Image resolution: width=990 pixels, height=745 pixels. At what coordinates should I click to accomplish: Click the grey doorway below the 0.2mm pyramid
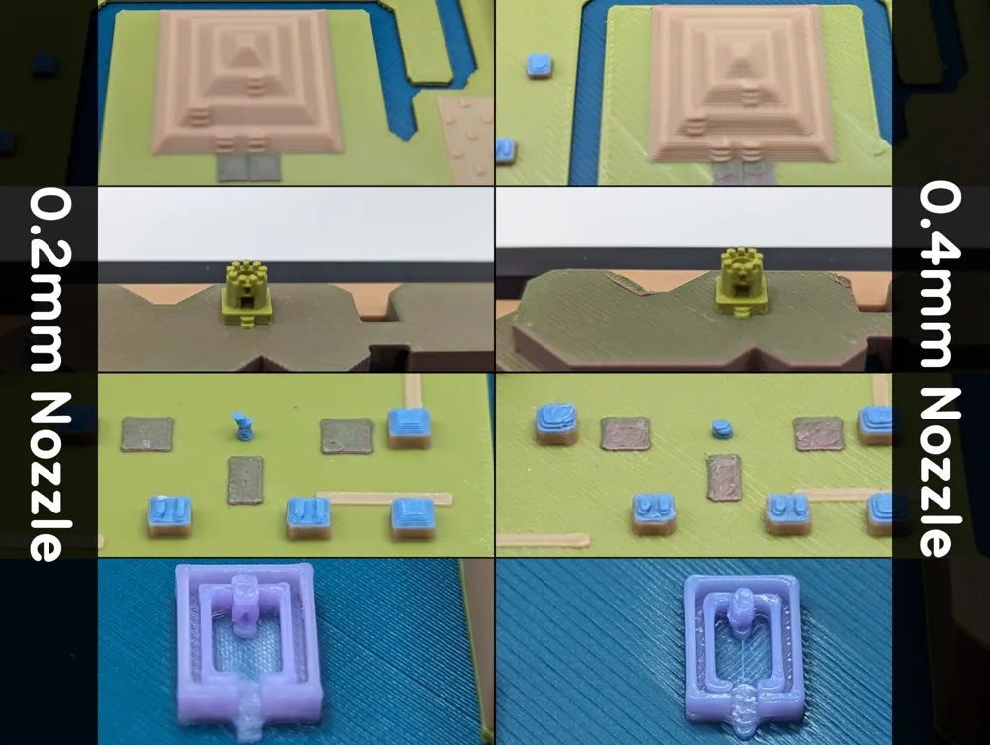[x=249, y=167]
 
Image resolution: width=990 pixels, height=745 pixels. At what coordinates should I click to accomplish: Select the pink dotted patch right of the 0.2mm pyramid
[x=466, y=138]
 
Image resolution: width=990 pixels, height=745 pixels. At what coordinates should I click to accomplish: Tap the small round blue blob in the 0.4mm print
[x=722, y=429]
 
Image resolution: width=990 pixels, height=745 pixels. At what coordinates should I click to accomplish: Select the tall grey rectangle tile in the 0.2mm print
[x=245, y=481]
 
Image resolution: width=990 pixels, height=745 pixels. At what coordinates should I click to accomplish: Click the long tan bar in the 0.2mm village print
[x=384, y=499]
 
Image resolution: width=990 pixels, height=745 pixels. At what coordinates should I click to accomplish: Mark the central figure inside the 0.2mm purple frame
[x=242, y=604]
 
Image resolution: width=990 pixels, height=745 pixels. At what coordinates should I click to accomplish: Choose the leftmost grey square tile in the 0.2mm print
[x=148, y=434]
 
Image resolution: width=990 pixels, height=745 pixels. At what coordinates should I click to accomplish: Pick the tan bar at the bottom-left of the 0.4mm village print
[x=543, y=540]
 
